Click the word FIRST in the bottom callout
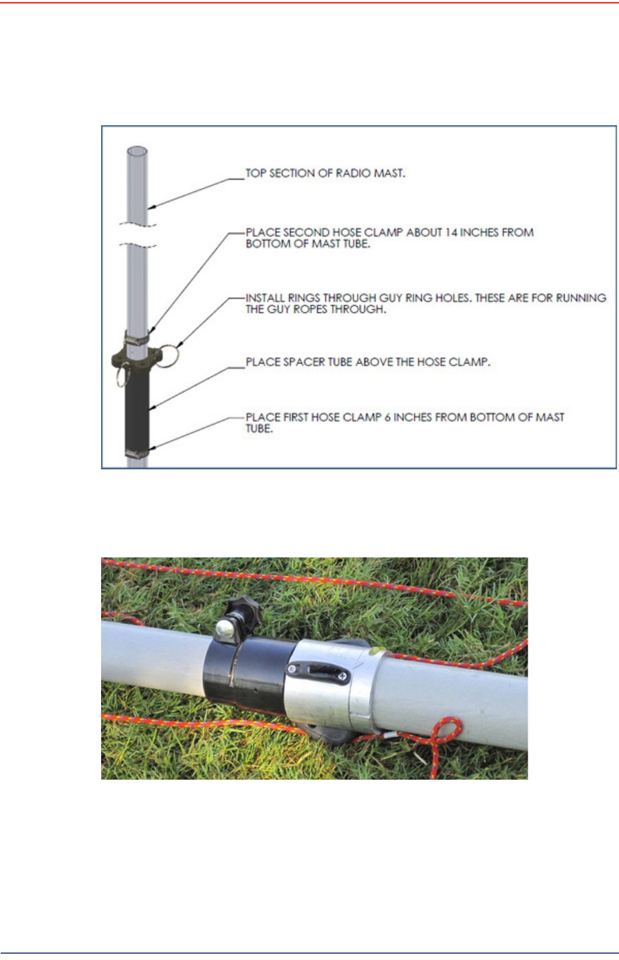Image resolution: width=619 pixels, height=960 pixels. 300,417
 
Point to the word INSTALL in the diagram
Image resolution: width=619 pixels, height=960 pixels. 265,298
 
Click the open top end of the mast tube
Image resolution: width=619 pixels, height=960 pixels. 138,151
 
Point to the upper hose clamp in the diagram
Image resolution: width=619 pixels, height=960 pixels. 137,338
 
